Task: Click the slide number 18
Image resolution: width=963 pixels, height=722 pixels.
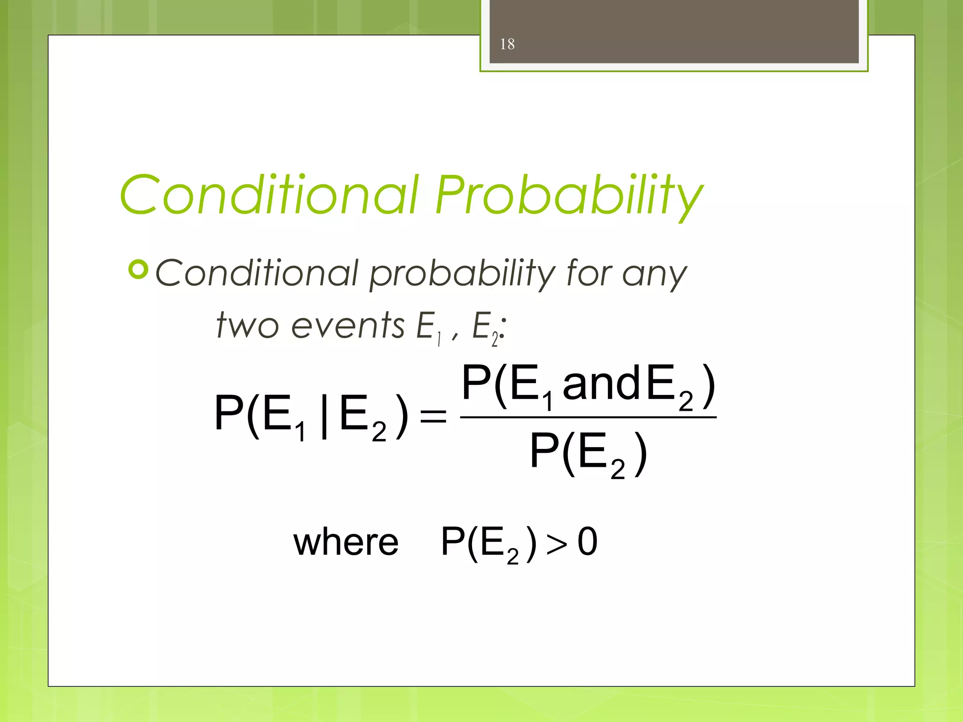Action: click(507, 44)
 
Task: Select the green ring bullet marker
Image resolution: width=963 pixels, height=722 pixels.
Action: click(138, 270)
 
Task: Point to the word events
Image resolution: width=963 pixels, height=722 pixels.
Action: click(347, 325)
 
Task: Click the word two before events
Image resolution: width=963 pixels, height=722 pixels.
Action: click(247, 325)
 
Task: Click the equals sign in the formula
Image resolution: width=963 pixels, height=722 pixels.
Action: click(433, 416)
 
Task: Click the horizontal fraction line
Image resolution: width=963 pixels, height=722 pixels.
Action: click(588, 417)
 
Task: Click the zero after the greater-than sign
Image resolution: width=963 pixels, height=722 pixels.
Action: click(587, 542)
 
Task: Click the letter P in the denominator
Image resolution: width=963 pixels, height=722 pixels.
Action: click(545, 451)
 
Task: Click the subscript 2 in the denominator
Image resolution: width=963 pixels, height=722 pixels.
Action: click(617, 470)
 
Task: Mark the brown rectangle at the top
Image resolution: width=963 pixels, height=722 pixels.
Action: click(673, 31)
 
